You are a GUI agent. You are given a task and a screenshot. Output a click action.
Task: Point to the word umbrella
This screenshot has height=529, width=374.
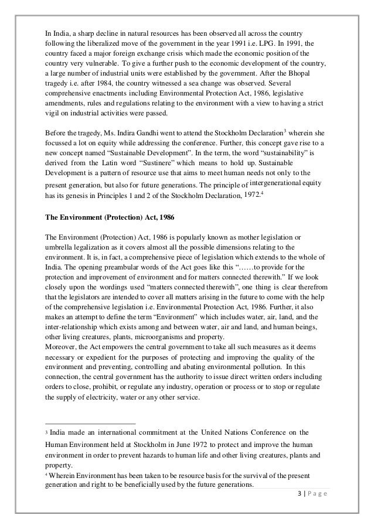tap(60, 246)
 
